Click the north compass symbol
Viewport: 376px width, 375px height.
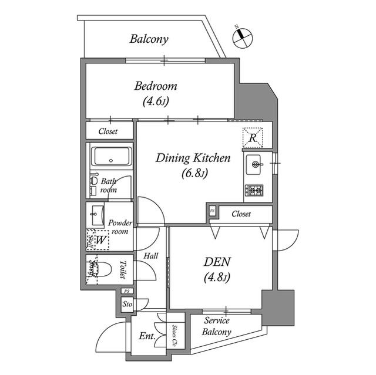(x=242, y=37)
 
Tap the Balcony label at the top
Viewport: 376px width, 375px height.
(x=149, y=40)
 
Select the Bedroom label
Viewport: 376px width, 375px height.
(x=156, y=93)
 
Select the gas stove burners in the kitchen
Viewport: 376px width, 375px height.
(x=254, y=190)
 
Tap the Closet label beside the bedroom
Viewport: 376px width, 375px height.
(x=108, y=131)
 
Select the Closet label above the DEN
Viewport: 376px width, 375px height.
(x=241, y=214)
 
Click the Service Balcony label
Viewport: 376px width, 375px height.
(x=217, y=326)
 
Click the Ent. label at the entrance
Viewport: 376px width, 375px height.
(x=147, y=337)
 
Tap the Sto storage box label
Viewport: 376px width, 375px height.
(x=127, y=305)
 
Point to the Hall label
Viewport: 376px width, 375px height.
(x=151, y=256)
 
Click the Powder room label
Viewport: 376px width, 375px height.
(x=120, y=227)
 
